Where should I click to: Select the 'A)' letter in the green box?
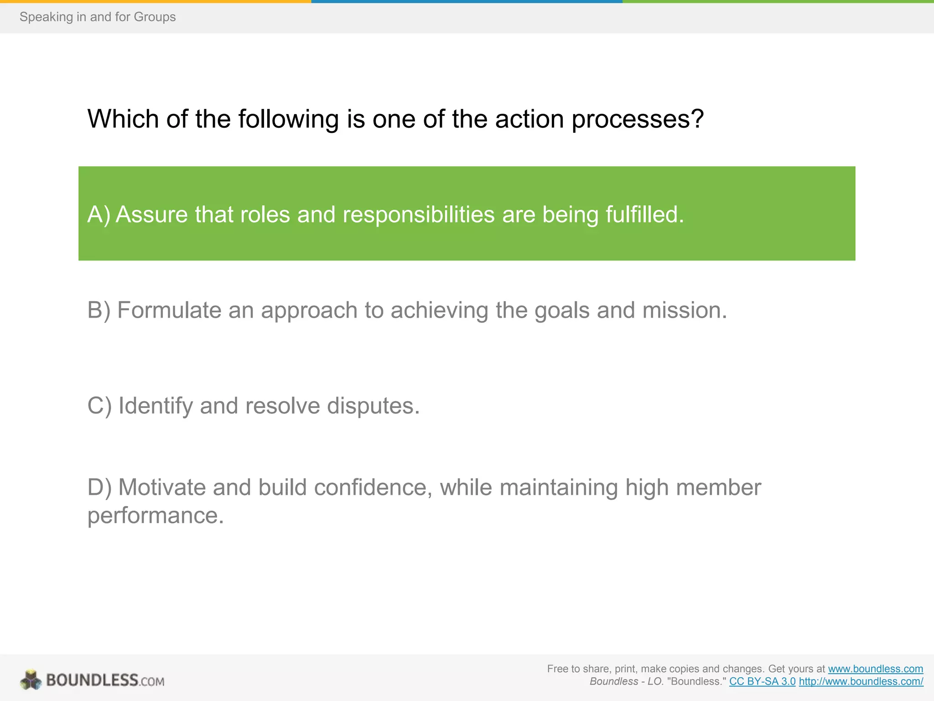click(x=99, y=214)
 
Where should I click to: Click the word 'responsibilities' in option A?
click(x=418, y=214)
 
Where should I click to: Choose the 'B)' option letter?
click(x=99, y=310)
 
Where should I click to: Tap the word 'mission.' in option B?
click(x=684, y=310)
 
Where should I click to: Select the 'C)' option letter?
click(x=99, y=406)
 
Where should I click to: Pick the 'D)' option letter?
click(x=99, y=487)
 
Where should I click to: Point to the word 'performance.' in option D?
click(x=156, y=516)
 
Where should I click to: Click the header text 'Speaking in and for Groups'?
click(x=98, y=17)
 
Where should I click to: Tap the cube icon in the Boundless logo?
click(x=31, y=680)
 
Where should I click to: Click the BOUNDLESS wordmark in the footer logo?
click(x=92, y=680)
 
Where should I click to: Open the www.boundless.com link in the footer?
click(x=875, y=669)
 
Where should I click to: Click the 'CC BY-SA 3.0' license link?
click(x=762, y=682)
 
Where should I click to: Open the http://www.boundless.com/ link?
click(x=861, y=682)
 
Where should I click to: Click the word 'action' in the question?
click(x=529, y=119)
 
